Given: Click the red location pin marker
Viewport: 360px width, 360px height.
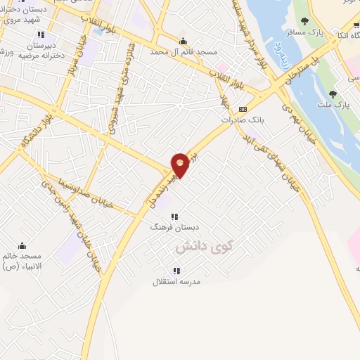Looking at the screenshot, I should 180,165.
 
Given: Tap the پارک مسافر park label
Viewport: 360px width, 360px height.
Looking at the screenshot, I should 304,32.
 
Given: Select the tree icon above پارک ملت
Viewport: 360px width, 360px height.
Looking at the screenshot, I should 333,94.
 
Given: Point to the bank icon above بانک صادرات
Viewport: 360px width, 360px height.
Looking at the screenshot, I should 243,109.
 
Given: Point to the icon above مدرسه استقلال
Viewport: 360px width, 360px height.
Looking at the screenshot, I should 176,271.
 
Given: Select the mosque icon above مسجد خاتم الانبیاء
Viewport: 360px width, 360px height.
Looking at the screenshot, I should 22,245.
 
